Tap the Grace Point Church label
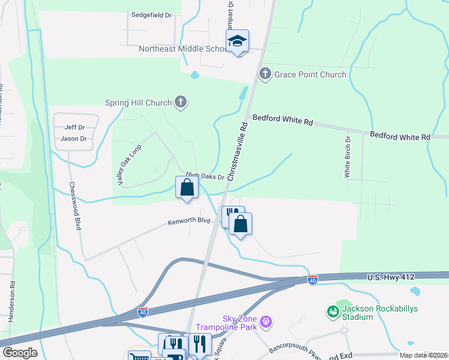(310, 74)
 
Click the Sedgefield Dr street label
(151, 13)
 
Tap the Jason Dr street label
(74, 139)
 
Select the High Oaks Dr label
(204, 177)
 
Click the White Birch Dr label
(348, 157)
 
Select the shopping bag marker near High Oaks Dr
(187, 187)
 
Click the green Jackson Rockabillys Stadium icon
(333, 311)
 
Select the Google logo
(19, 353)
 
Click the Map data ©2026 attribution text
(423, 355)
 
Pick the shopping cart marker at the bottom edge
(139, 356)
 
